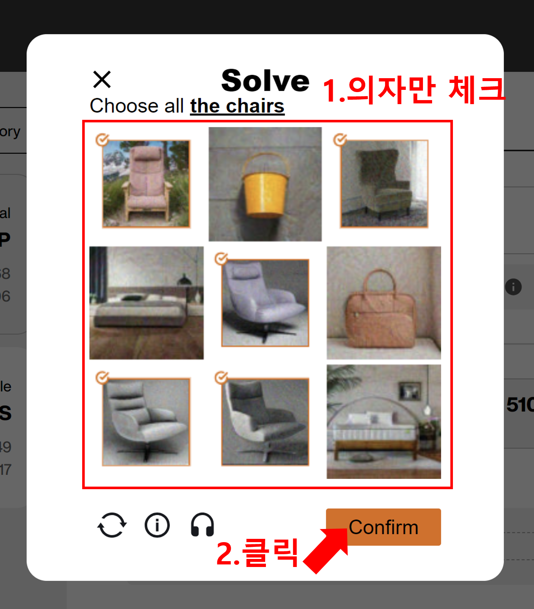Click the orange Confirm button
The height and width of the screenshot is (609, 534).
click(x=383, y=527)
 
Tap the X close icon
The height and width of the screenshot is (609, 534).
click(x=102, y=80)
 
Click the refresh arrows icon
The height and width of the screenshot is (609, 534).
click(x=112, y=525)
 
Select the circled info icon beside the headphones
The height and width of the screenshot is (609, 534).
click(x=157, y=525)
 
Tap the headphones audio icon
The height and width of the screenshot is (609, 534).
click(x=202, y=525)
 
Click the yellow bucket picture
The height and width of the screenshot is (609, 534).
click(x=265, y=184)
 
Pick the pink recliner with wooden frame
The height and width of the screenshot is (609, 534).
click(x=146, y=184)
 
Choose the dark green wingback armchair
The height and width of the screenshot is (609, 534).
click(x=384, y=184)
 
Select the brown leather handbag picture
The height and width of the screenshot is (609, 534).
click(x=384, y=303)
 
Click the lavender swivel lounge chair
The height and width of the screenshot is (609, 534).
click(x=265, y=303)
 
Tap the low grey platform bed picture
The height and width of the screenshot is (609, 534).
click(x=146, y=303)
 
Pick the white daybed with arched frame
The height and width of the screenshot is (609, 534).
click(x=384, y=422)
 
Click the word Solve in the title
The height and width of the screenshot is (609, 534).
click(x=266, y=81)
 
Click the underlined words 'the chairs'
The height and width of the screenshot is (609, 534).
click(x=237, y=106)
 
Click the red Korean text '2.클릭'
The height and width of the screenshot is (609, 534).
click(x=257, y=553)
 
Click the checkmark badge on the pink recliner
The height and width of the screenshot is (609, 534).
click(x=102, y=140)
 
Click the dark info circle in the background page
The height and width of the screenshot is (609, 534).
click(x=513, y=287)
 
